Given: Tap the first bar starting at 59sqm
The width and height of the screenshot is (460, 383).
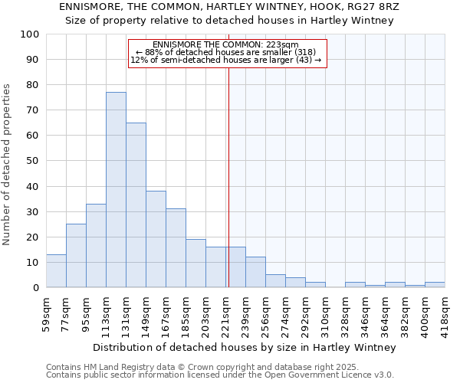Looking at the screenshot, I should (56, 271).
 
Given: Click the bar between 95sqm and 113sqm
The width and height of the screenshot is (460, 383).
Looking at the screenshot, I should (96, 246).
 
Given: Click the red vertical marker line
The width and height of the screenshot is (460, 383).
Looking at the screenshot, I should (228, 169).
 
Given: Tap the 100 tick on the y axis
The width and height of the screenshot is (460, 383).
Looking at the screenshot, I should (30, 34).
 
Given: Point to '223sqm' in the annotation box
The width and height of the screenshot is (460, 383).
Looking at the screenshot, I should (283, 45).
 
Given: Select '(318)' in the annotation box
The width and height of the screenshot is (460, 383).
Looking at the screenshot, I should (301, 52).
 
